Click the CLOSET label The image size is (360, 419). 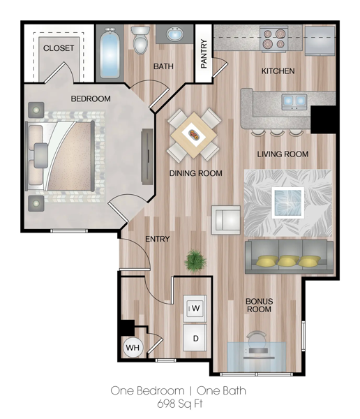[59, 48]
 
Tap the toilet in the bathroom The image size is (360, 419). [140, 39]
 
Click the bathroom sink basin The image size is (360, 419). [175, 34]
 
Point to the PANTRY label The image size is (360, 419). [204, 54]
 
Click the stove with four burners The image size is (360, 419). [273, 39]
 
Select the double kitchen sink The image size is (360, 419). [294, 101]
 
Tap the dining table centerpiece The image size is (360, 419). [194, 134]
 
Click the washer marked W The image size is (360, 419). [195, 309]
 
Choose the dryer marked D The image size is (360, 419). [195, 338]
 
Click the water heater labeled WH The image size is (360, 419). [133, 347]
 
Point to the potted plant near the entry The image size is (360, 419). [195, 260]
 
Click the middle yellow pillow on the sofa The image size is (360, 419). [288, 260]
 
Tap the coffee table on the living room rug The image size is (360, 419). [288, 203]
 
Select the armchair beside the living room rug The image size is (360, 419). [226, 220]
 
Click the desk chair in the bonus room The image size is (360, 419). [256, 339]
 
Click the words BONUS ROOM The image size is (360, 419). [259, 305]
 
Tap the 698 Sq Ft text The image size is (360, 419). [180, 403]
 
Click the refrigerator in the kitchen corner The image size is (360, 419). [320, 40]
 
